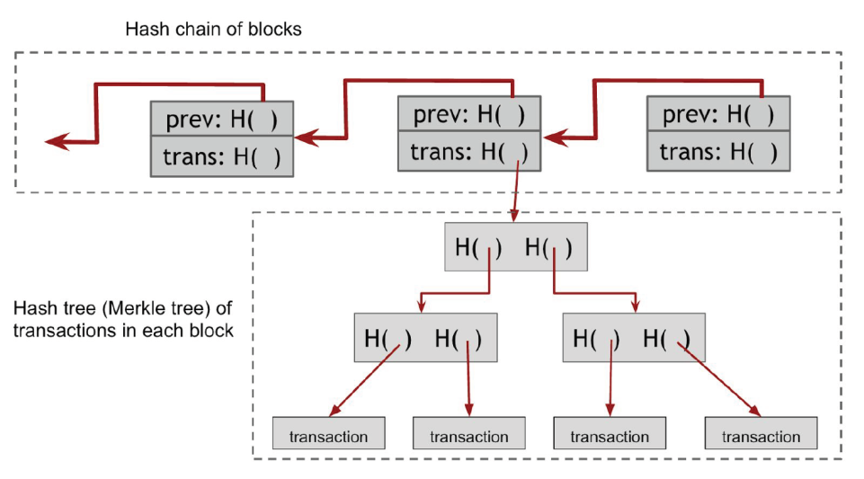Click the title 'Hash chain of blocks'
pos(213,29)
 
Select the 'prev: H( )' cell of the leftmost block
pos(221,119)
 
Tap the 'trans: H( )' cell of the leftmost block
pos(221,156)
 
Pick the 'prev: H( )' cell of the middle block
pos(469,114)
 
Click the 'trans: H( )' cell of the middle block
pos(469,151)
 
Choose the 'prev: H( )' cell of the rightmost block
pos(718,114)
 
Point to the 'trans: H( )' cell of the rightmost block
pos(718,151)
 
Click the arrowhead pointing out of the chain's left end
pos(58,141)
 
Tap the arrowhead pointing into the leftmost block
pos(307,137)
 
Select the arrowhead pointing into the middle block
pos(556,137)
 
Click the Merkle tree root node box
pos(516,246)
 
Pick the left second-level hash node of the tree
pos(425,338)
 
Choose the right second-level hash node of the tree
pos(634,338)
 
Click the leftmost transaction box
pos(328,433)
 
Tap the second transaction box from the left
pos(469,433)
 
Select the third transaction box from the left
pos(610,433)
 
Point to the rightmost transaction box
pos(761,433)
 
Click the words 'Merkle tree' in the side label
pos(159,307)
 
